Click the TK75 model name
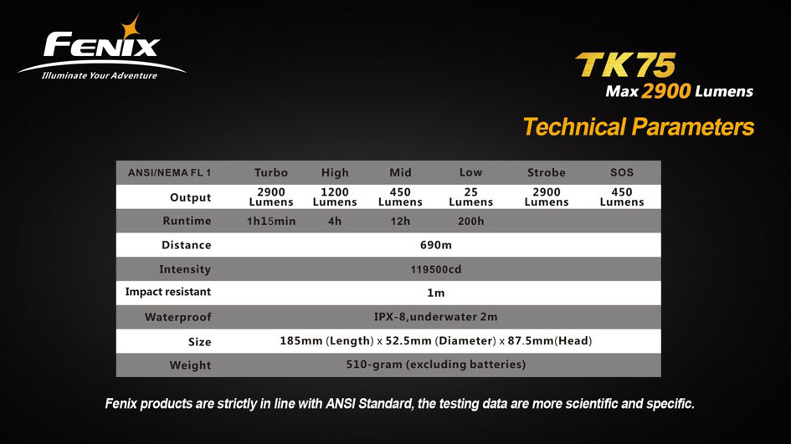pyautogui.click(x=625, y=64)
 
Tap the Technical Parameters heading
pyautogui.click(x=639, y=126)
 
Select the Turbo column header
pyautogui.click(x=271, y=172)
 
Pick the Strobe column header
pyautogui.click(x=547, y=172)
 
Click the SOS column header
pyautogui.click(x=621, y=172)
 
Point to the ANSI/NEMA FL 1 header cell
pyautogui.click(x=169, y=172)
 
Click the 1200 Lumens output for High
pyautogui.click(x=335, y=196)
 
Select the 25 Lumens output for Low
pyautogui.click(x=470, y=196)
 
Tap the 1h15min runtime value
pyautogui.click(x=271, y=221)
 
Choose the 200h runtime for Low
pyautogui.click(x=470, y=221)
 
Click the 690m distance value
pyautogui.click(x=436, y=245)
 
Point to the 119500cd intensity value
pyautogui.click(x=436, y=269)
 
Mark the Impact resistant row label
pyautogui.click(x=168, y=292)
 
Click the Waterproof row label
pyautogui.click(x=178, y=317)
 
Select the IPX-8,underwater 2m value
pyautogui.click(x=436, y=317)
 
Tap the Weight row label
pyautogui.click(x=190, y=365)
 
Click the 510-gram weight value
pyautogui.click(x=436, y=365)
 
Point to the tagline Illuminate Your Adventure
pyautogui.click(x=100, y=75)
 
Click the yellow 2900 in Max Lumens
pyautogui.click(x=666, y=90)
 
